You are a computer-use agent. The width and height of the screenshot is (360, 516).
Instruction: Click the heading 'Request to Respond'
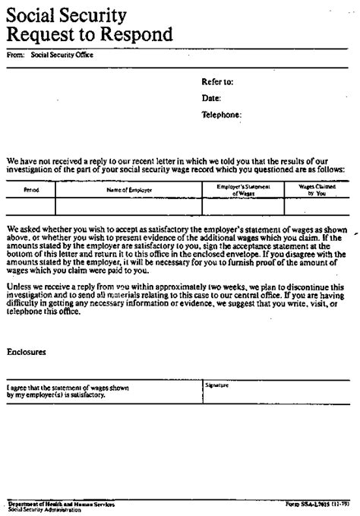pyautogui.click(x=90, y=34)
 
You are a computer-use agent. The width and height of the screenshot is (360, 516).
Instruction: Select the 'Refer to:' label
pyautogui.click(x=216, y=81)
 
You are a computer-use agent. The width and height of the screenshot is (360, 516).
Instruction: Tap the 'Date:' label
pyautogui.click(x=211, y=98)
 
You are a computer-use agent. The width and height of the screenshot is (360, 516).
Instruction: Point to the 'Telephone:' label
pyautogui.click(x=221, y=115)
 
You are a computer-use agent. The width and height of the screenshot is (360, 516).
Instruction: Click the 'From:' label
pyautogui.click(x=15, y=55)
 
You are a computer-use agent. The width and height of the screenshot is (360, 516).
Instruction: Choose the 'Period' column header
pyautogui.click(x=31, y=190)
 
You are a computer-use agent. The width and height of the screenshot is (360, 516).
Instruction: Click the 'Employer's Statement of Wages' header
pyautogui.click(x=243, y=190)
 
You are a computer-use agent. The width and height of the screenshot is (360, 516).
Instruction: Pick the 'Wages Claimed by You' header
pyautogui.click(x=311, y=190)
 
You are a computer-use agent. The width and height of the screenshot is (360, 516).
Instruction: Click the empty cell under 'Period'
pyautogui.click(x=31, y=207)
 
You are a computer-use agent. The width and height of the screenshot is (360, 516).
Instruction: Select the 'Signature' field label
pyautogui.click(x=216, y=385)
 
